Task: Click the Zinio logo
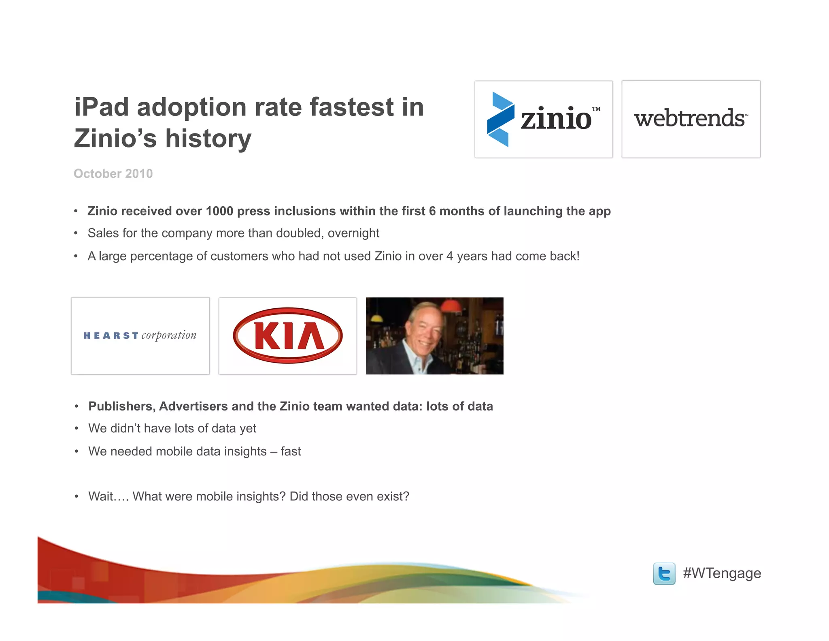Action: pos(544,119)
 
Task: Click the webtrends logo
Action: pos(691,119)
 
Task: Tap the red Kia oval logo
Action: pos(288,335)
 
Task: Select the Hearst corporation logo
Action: pos(140,335)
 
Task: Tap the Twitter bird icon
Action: pos(664,573)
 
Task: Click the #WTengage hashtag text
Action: pos(722,573)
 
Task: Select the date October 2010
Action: pos(113,173)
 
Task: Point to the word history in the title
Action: pos(208,139)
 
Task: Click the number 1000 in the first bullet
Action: pos(219,211)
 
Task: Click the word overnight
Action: pos(353,233)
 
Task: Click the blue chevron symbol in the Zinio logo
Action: pos(500,119)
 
